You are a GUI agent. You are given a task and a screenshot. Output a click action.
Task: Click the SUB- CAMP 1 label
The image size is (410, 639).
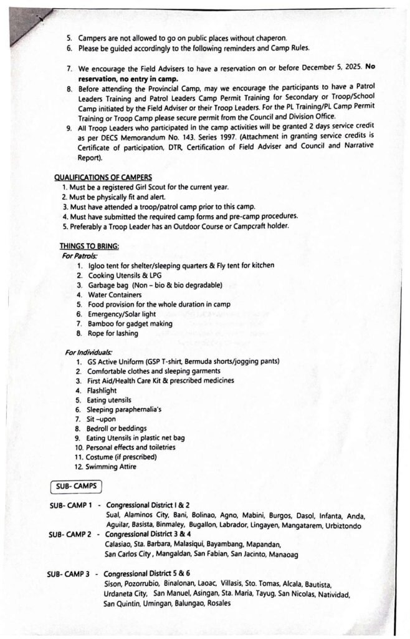(x=70, y=505)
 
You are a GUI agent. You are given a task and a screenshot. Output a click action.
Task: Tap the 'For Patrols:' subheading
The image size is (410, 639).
(x=79, y=255)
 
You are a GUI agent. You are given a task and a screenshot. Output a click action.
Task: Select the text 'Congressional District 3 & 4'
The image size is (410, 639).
(x=147, y=535)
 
